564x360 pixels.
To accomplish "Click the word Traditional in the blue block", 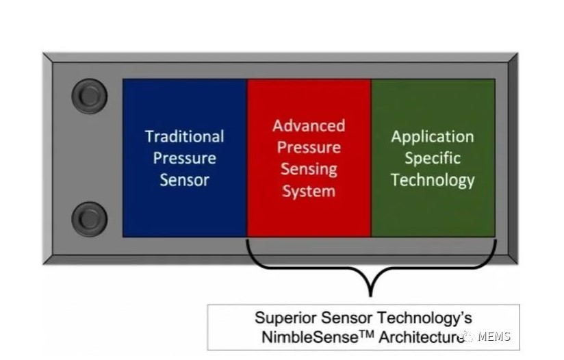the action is [185, 137].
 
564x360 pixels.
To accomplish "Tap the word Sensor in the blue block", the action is [185, 180].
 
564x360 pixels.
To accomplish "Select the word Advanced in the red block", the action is [309, 125].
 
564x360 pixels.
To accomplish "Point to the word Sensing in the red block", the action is [309, 169].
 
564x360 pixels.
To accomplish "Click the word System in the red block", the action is [309, 192].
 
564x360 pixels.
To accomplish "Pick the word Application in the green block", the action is [433, 137].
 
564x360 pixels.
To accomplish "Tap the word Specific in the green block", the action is [433, 158].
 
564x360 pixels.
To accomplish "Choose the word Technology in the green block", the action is [433, 181].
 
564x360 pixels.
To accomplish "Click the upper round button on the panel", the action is [90, 96].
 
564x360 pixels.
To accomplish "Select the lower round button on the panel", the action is [90, 219].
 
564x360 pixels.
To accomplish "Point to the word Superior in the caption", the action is [285, 318].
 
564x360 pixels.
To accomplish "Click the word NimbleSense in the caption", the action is [310, 337].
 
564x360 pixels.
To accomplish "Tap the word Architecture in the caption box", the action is [422, 337].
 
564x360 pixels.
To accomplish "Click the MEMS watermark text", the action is [494, 337].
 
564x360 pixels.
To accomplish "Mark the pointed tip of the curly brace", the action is [371, 296].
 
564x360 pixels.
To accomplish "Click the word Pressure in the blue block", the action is [185, 158].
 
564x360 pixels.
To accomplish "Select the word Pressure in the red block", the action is [309, 147].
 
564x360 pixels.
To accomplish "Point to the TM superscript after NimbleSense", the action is [367, 335].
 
